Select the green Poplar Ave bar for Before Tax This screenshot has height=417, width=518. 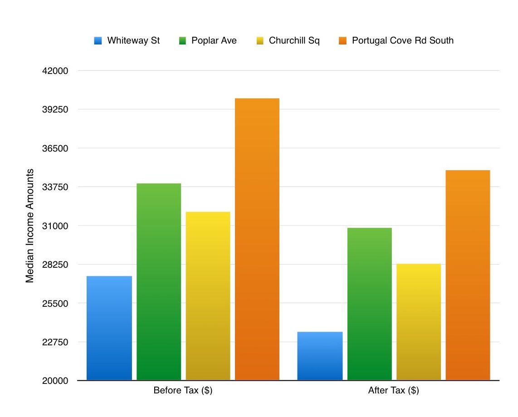click(159, 281)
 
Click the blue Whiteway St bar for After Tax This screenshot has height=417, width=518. click(320, 356)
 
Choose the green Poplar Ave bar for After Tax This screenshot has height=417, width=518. click(369, 304)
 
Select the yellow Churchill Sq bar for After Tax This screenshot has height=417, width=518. click(419, 322)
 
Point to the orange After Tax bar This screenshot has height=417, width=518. click(468, 275)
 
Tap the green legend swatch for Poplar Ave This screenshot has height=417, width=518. click(182, 41)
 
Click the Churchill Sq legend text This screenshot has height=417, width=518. click(294, 40)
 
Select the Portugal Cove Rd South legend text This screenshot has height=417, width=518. click(402, 40)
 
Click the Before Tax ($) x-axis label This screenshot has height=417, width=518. click(183, 391)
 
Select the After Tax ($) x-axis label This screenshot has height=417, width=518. click(393, 391)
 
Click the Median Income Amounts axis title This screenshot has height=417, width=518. click(30, 226)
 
